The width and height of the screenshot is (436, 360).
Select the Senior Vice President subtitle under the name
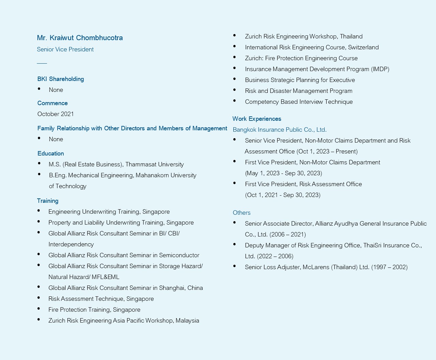click(x=65, y=49)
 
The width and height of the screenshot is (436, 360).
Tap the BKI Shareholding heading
click(x=61, y=79)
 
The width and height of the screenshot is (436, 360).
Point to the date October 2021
click(x=56, y=114)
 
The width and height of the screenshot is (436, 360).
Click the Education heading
click(x=51, y=153)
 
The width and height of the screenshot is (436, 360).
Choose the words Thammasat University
click(x=154, y=164)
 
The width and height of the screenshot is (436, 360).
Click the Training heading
click(x=48, y=201)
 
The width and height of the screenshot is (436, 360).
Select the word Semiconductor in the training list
click(x=179, y=255)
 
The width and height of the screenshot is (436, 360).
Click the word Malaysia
click(x=187, y=321)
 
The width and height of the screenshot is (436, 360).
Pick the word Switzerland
click(x=363, y=47)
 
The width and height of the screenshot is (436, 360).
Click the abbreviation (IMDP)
click(x=380, y=69)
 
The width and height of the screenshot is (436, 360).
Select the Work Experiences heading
click(x=257, y=119)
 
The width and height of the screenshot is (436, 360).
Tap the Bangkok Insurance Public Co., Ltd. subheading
click(x=280, y=130)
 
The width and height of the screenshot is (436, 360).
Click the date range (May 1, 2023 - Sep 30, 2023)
click(x=283, y=173)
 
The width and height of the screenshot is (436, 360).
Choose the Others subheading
click(x=242, y=213)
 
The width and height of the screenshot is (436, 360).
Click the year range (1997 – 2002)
click(x=389, y=267)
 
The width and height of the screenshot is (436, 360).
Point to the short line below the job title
click(x=42, y=63)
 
